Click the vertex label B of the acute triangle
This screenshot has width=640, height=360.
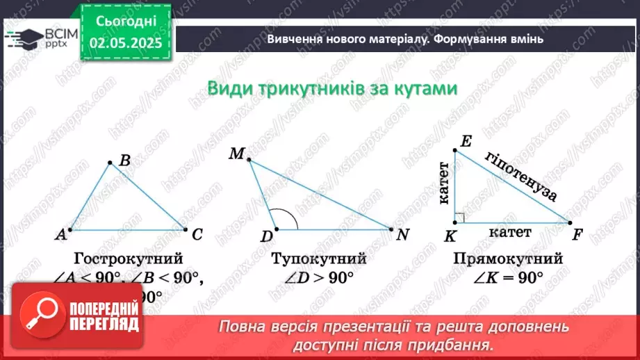point(125,161)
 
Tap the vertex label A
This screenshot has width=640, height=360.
point(61,235)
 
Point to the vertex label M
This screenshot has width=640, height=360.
point(236,154)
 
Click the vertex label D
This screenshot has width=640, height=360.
point(266,237)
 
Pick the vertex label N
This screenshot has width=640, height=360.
point(402,234)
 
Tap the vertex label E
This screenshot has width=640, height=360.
point(465,141)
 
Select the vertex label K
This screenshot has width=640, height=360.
point(450,237)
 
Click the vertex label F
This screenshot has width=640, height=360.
point(577,234)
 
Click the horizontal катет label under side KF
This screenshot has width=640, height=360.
point(509,232)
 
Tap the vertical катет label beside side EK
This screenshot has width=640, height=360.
point(443,185)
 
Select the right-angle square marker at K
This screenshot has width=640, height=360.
point(459,218)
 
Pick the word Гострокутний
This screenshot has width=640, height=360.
point(129,259)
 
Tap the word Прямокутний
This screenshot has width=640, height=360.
point(507,259)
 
